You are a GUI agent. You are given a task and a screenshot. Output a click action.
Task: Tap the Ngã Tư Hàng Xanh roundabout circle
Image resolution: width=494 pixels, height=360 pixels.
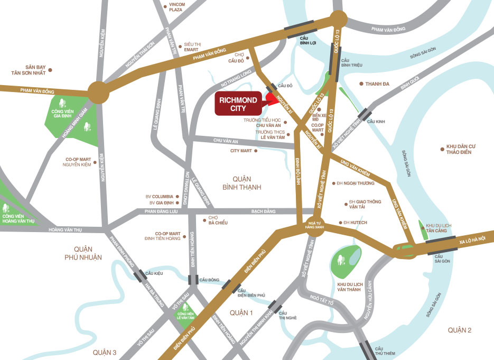(314, 224)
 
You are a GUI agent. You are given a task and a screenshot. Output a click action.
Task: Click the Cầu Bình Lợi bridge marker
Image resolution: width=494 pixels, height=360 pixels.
(300, 30)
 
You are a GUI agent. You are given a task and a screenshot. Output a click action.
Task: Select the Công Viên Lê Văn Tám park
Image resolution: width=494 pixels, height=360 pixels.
(185, 315)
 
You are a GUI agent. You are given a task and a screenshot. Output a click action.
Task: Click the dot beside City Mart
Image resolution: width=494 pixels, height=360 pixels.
(256, 151)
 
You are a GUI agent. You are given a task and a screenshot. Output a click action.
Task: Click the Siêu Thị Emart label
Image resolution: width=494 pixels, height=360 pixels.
(191, 47)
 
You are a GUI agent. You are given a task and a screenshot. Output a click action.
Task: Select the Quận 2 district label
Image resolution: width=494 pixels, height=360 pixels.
(459, 330)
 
